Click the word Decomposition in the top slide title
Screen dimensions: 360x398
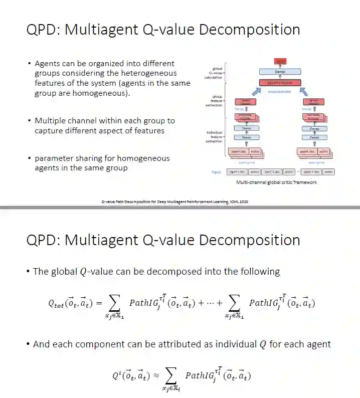pos(250,30)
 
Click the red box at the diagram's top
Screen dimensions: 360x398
pos(280,61)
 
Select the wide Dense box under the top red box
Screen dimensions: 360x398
pos(280,72)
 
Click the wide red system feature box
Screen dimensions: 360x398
pos(280,82)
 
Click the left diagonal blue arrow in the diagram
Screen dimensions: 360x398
pos(257,91)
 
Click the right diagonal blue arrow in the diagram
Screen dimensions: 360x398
pos(303,91)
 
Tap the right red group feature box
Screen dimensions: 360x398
pos(314,102)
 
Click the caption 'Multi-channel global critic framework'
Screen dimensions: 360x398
pos(276,182)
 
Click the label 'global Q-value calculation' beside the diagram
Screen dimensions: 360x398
pos(214,73)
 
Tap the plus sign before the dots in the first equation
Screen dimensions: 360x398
pos(196,303)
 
